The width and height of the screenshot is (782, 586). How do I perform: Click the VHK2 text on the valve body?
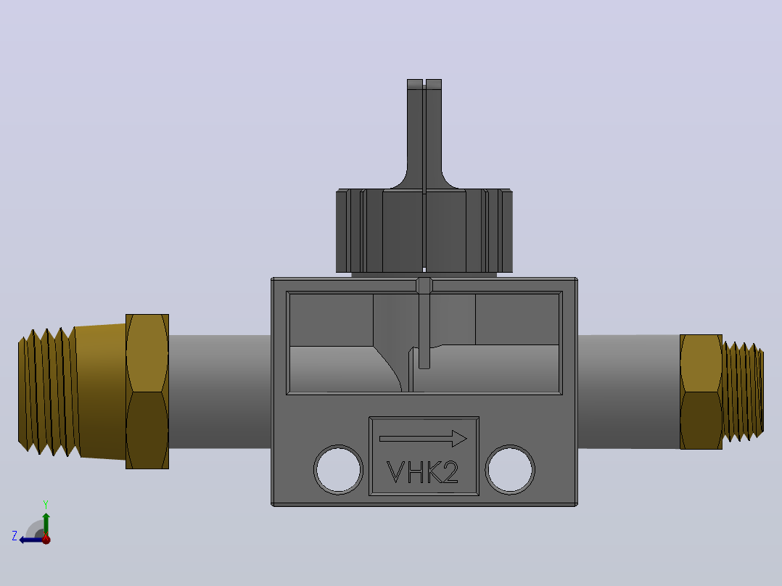pos(422,472)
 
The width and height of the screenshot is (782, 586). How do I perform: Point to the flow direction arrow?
pos(423,439)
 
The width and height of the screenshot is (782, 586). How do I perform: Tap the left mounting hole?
pos(339,470)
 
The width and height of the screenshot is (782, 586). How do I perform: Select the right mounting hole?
pos(510,470)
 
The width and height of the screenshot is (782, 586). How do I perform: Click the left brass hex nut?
pos(147,392)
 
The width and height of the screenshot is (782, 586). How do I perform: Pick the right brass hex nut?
pos(701,392)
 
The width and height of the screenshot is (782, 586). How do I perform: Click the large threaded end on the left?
pos(49,392)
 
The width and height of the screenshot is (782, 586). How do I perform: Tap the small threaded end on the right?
pos(743,392)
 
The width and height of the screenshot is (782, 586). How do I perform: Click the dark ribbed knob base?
pos(424,231)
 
